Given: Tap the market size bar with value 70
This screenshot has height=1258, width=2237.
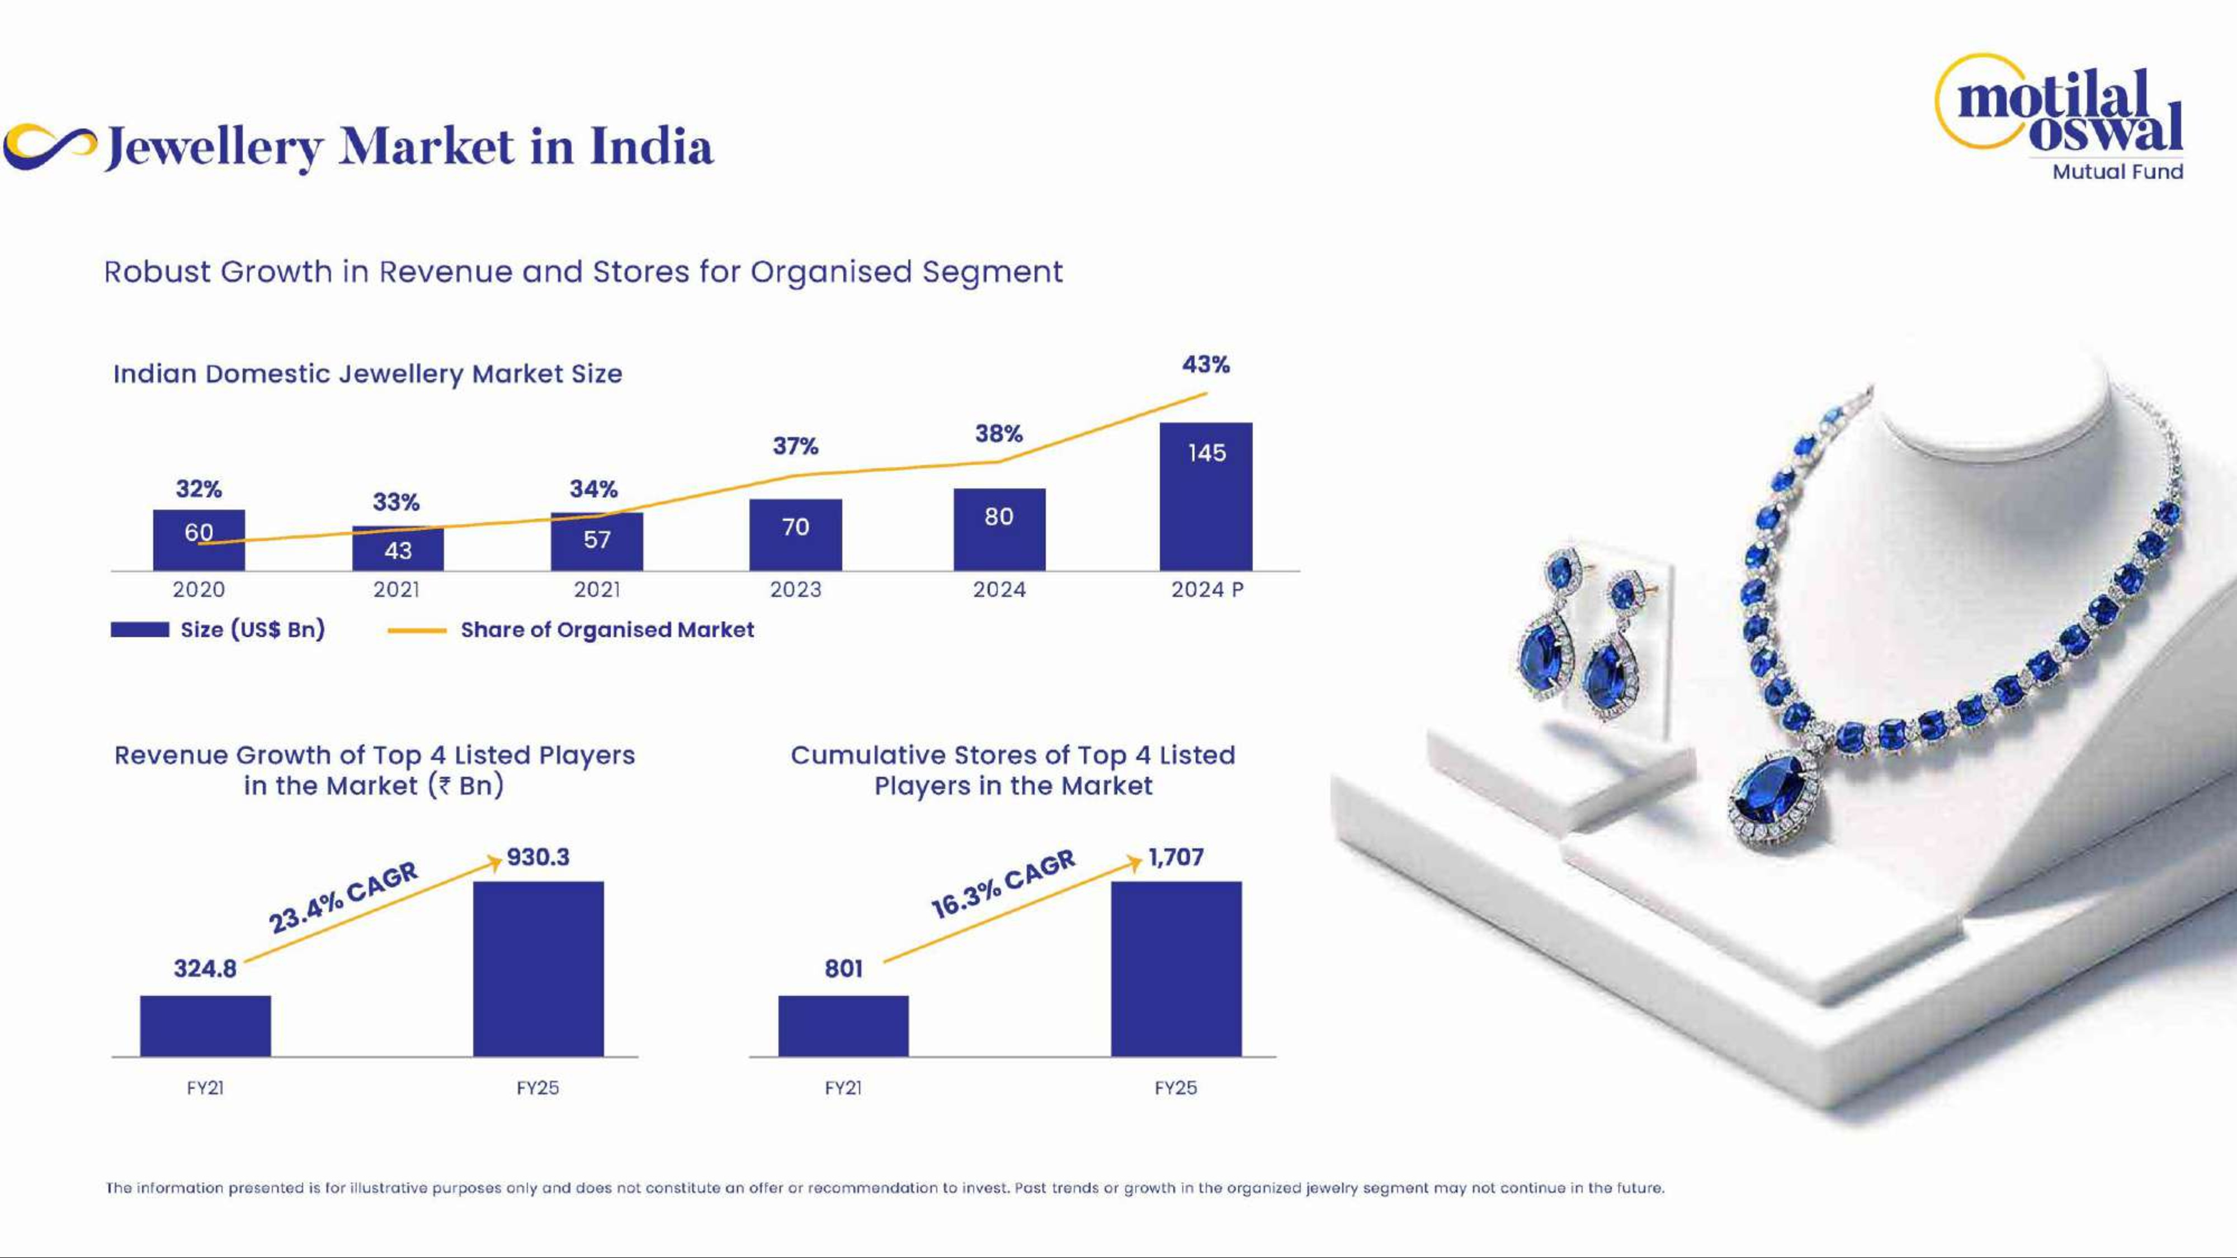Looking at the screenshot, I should (795, 535).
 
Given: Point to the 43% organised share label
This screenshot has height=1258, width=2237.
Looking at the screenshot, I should (1205, 365).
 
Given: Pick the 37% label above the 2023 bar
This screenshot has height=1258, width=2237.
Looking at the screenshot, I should (795, 446).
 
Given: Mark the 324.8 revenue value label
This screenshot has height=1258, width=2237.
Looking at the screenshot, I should (205, 968).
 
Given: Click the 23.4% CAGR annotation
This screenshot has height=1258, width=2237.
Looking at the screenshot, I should (343, 897).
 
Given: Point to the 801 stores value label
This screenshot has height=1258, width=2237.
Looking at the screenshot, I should (843, 968).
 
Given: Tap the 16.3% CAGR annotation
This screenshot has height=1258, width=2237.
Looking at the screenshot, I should (1003, 884).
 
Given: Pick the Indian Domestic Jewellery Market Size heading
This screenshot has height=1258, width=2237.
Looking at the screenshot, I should (367, 374).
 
